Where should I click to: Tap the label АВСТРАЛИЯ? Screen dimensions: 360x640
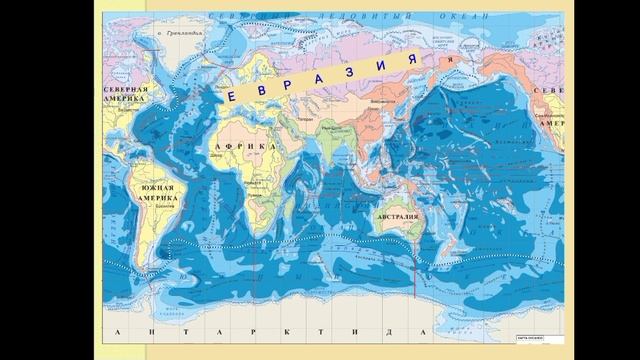398,217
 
